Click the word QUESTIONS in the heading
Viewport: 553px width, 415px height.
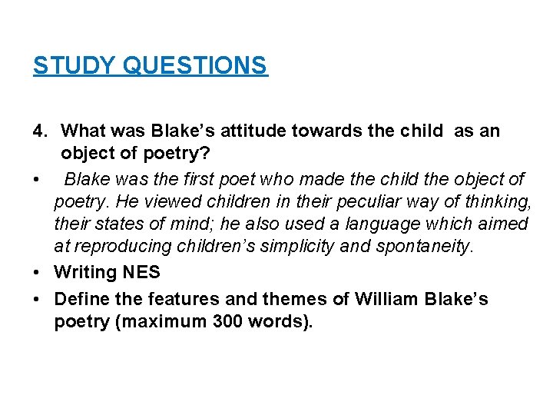195,65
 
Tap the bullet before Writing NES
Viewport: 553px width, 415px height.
38,272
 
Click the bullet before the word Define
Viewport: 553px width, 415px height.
38,298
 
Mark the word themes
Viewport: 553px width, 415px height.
286,298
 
